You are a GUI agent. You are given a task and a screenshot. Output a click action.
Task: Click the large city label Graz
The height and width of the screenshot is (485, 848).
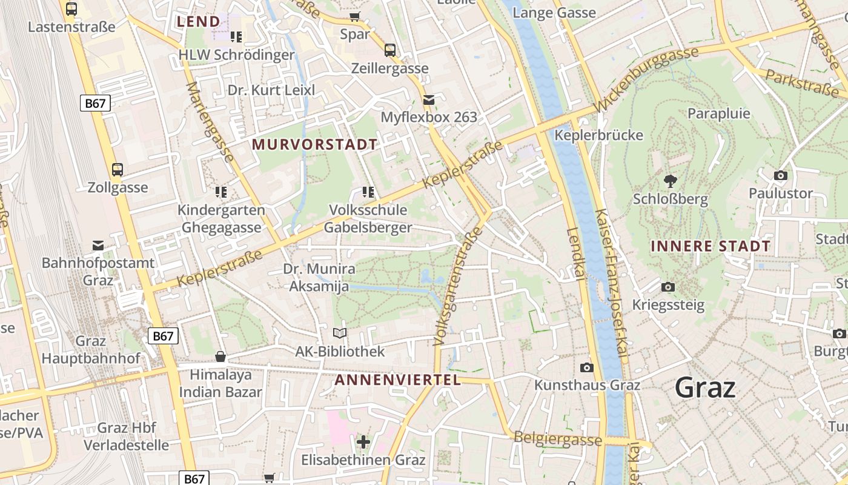point(705,387)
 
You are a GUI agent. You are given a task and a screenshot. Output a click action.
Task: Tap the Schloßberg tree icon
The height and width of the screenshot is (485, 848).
point(670,181)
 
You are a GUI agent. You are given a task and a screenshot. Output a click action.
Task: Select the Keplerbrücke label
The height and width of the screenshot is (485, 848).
point(598,135)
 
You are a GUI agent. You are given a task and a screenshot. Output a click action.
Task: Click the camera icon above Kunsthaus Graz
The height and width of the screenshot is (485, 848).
point(586,367)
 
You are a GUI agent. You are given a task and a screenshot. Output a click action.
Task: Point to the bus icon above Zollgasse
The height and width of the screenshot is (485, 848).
point(118,170)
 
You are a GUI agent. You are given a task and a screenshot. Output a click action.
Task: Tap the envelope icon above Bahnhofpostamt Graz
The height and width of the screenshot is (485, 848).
point(98,245)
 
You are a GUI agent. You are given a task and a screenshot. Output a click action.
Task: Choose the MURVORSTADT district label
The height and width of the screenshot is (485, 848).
point(315,144)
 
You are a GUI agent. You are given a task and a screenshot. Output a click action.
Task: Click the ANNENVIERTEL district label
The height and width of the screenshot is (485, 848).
point(397,380)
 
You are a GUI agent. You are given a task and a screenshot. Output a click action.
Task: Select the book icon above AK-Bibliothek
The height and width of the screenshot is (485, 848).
point(340,333)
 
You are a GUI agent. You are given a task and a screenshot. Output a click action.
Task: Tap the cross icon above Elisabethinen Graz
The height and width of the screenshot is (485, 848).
point(363,442)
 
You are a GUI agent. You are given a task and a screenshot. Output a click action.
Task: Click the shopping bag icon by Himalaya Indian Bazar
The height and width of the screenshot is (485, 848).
point(220,356)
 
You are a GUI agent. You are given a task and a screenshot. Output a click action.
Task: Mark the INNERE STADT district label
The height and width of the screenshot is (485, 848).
point(711,246)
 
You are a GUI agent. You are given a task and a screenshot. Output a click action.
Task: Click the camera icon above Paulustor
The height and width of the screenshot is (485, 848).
point(781,175)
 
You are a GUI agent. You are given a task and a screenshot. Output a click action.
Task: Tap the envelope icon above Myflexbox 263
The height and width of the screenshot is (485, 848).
point(429,99)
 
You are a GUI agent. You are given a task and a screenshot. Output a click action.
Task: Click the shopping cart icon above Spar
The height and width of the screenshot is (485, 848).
point(355,16)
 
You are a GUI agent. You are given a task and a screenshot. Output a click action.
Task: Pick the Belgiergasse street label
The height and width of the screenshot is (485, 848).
point(557,440)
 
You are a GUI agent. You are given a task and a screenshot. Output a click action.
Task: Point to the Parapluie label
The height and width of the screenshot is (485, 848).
point(719,113)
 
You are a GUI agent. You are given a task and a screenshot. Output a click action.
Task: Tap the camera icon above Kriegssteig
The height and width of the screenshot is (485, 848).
point(668,287)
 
